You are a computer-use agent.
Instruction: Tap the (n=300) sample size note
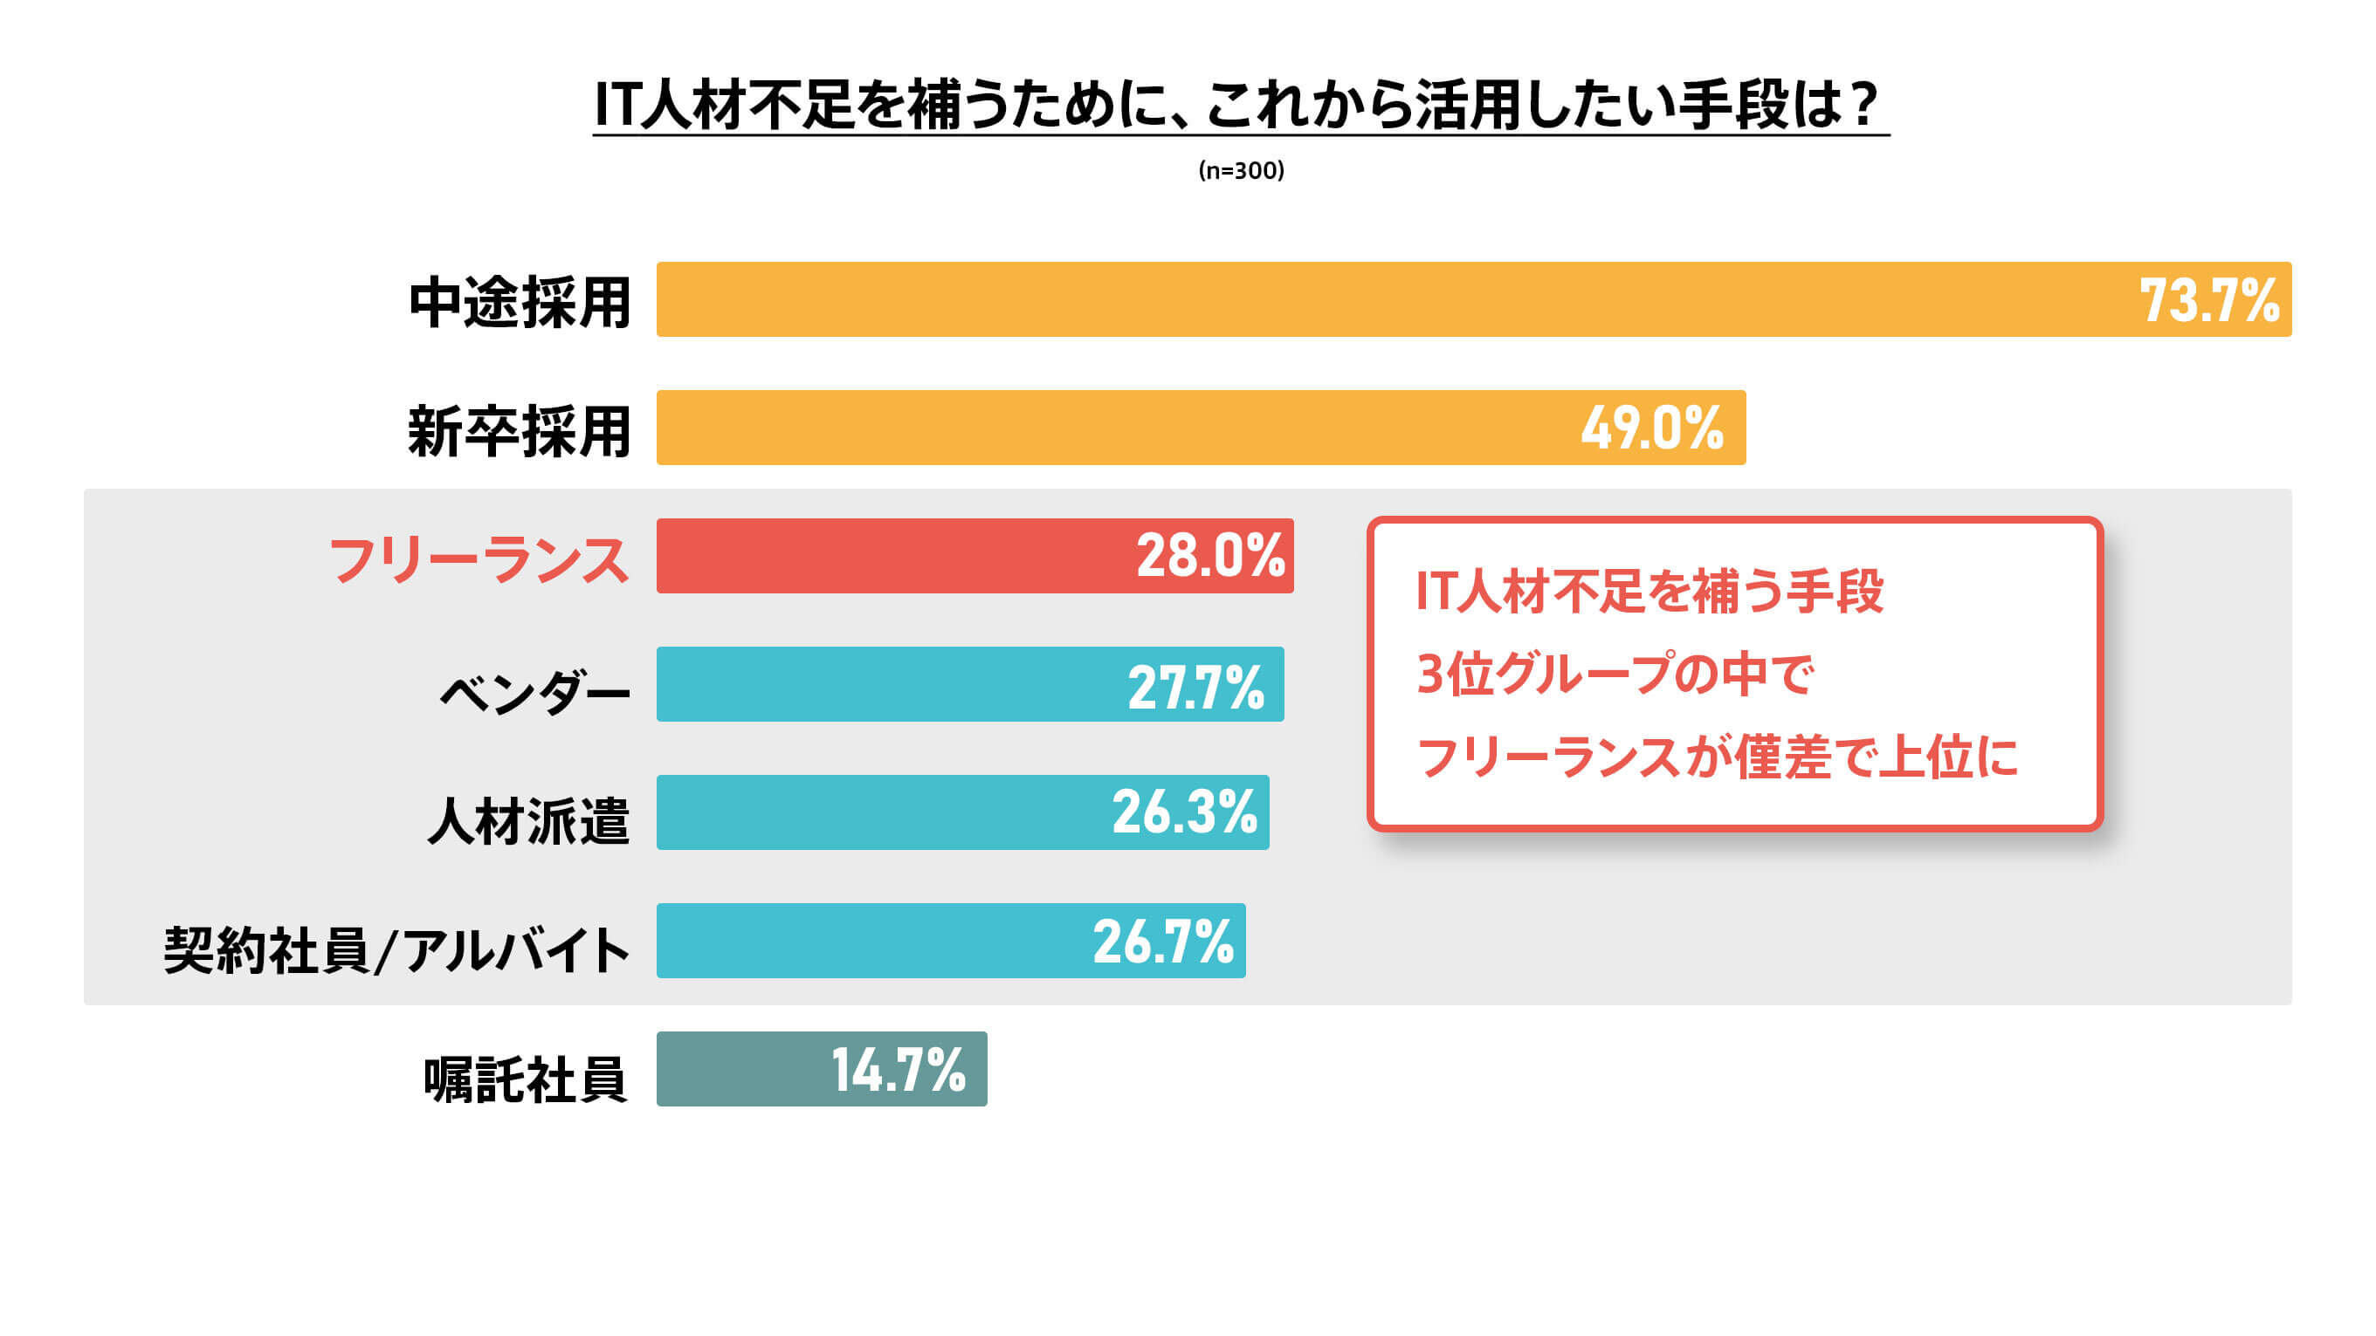pos(1241,170)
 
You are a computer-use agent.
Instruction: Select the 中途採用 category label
pos(520,302)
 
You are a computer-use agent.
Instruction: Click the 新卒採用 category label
pos(520,430)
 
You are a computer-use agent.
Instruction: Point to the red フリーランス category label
pos(479,558)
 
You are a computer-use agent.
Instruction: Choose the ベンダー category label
pos(534,689)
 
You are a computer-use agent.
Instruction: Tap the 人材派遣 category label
pos(527,819)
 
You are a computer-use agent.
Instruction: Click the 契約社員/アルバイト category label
pos(396,949)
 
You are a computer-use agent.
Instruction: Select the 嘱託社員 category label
pos(525,1078)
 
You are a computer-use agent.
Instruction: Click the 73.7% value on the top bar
pos(2208,300)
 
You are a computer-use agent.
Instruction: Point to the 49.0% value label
pos(1651,428)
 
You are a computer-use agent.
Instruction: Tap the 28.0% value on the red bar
pos(1210,556)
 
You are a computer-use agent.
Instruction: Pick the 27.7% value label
pos(1195,687)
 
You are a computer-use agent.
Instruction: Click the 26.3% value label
pos(1184,812)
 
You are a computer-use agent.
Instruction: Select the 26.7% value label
pos(1163,942)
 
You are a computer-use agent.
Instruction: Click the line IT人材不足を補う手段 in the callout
pos(1649,591)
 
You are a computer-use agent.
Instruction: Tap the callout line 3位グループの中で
pos(1615,673)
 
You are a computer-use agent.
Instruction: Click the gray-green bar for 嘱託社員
pos(738,1070)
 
